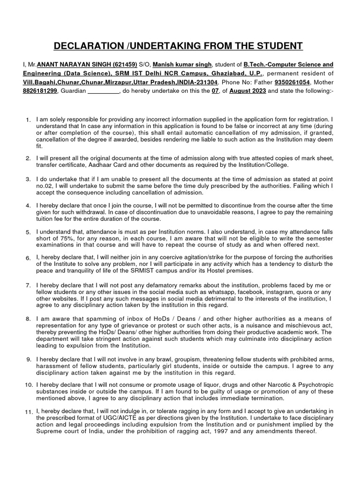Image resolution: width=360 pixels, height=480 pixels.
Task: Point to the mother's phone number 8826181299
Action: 39,91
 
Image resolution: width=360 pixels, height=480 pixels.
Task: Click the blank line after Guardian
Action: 104,91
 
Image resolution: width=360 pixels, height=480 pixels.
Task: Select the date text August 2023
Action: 247,91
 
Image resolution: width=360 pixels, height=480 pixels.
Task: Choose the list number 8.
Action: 28,319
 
